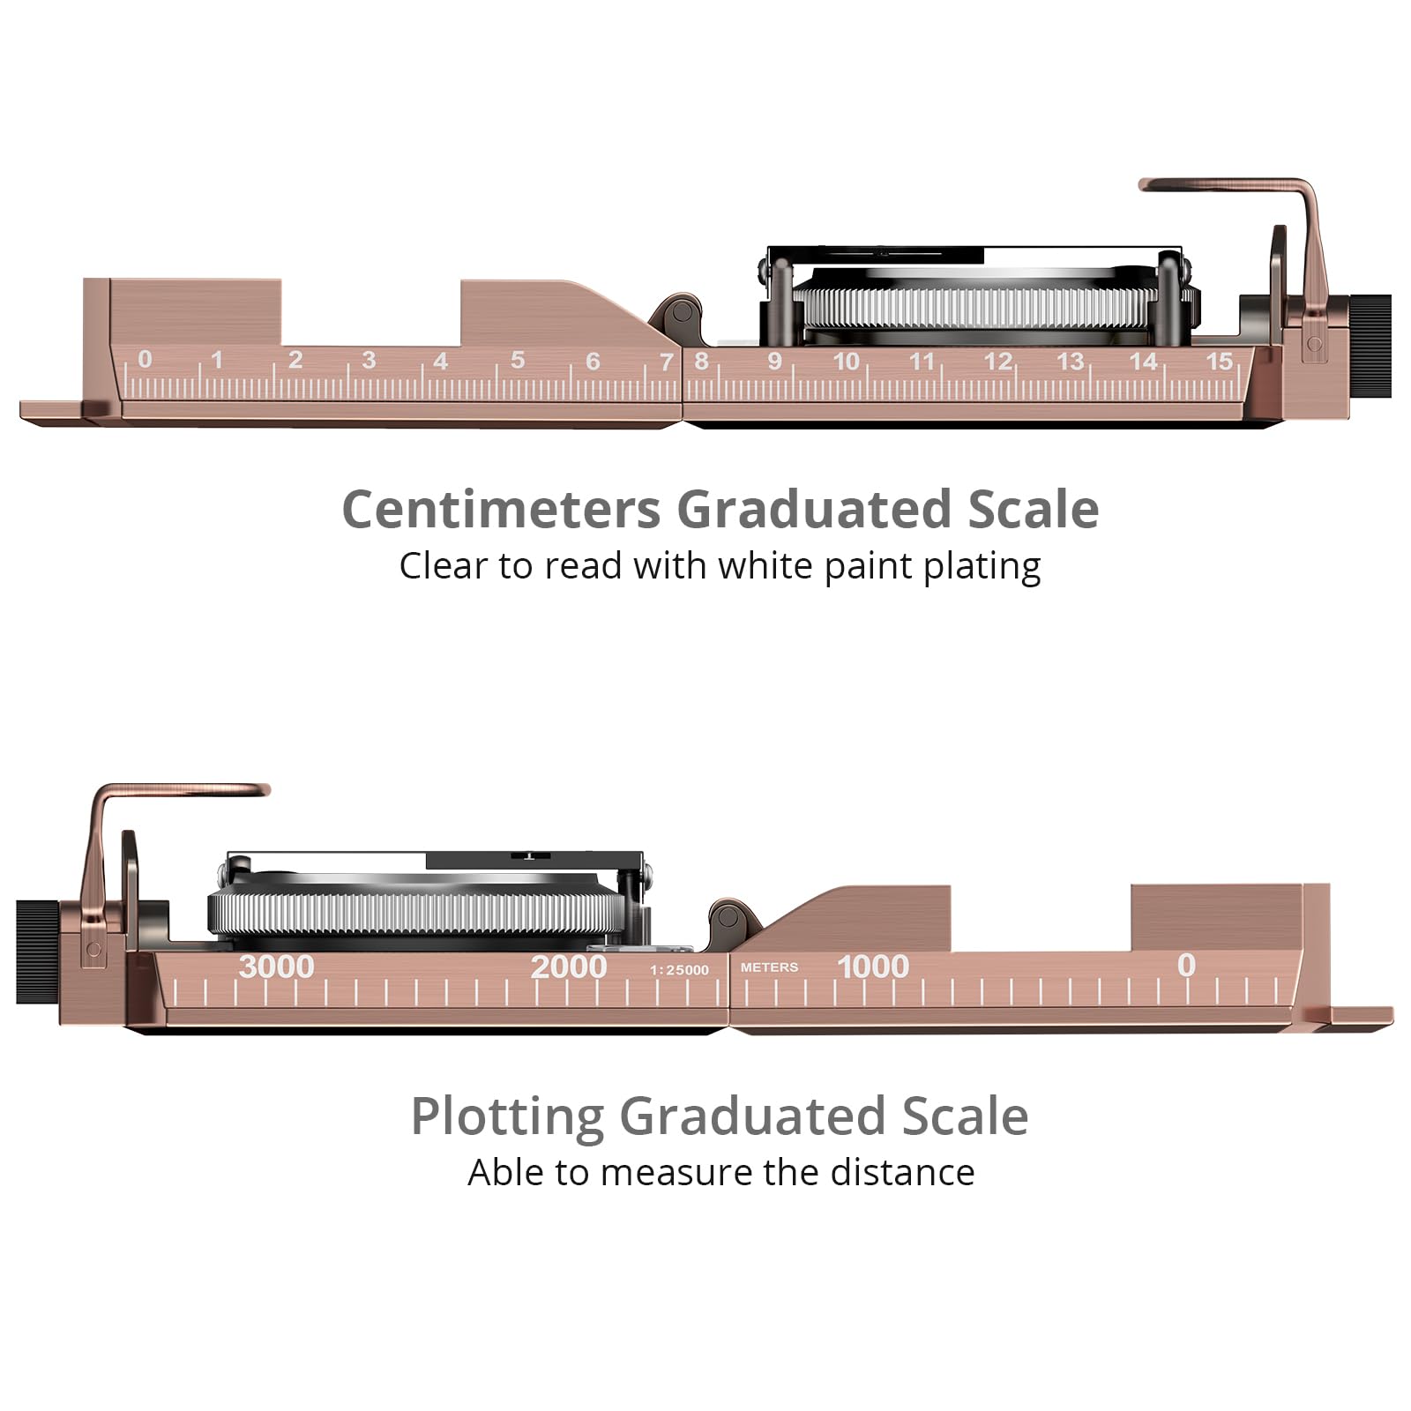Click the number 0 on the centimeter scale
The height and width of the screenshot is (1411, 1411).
145,359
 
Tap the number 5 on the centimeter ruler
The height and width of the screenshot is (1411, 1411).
518,360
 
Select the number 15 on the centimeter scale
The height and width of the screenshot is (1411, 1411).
1220,361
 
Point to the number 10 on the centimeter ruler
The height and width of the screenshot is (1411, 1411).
847,361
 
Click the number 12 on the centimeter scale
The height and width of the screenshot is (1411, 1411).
998,361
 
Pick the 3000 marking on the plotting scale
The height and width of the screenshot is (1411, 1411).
277,966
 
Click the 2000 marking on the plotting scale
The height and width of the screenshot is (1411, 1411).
569,966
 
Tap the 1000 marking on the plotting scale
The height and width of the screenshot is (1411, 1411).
873,966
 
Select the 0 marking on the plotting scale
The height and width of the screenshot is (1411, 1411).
1187,965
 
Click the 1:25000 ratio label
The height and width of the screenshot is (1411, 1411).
679,970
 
